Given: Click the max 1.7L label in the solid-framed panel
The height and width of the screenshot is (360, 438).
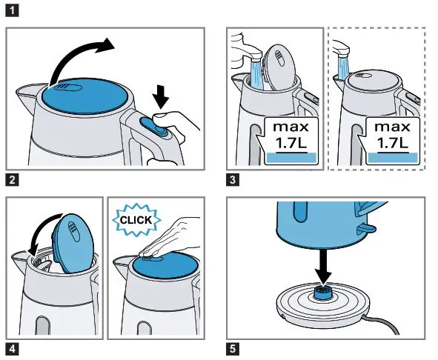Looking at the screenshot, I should pos(293,138).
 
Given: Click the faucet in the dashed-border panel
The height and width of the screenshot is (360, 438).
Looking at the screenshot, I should pos(342,49).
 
